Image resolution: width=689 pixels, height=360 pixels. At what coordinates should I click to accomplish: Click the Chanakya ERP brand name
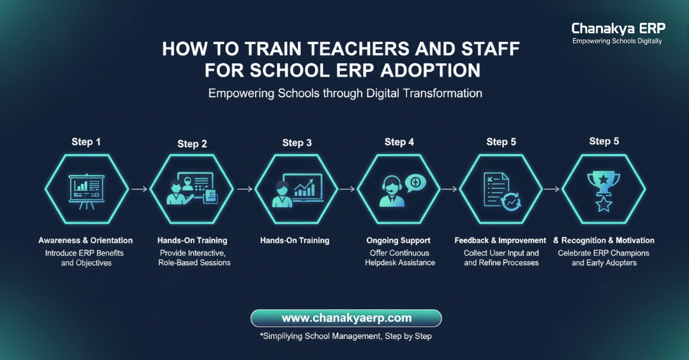tap(618, 29)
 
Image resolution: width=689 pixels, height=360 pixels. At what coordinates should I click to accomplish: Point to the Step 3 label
tap(297, 143)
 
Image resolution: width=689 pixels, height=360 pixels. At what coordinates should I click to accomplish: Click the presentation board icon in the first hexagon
tap(87, 189)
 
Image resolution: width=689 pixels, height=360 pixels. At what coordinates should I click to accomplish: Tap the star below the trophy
tap(604, 204)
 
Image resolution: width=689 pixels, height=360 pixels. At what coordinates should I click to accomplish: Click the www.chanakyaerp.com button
tap(346, 318)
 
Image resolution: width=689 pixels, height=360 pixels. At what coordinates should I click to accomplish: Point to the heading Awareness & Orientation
tap(85, 241)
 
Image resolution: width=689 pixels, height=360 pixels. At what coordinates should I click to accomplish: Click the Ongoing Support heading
tap(398, 241)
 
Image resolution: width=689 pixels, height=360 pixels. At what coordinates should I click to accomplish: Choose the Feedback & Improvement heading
tap(500, 241)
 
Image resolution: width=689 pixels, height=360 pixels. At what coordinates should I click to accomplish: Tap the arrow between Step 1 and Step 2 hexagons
tap(139, 189)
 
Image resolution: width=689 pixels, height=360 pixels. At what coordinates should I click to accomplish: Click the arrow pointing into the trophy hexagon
tap(552, 189)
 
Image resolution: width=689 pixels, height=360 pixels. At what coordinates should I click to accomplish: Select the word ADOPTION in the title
tap(429, 69)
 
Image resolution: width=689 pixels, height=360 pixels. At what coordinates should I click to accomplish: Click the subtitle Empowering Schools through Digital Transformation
tap(345, 93)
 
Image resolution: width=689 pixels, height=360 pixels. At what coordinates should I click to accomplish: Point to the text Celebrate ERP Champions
tap(604, 253)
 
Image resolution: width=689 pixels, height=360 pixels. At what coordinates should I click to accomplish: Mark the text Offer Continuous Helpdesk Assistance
tap(399, 258)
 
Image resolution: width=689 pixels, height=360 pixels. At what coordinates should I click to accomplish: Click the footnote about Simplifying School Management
tap(346, 336)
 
